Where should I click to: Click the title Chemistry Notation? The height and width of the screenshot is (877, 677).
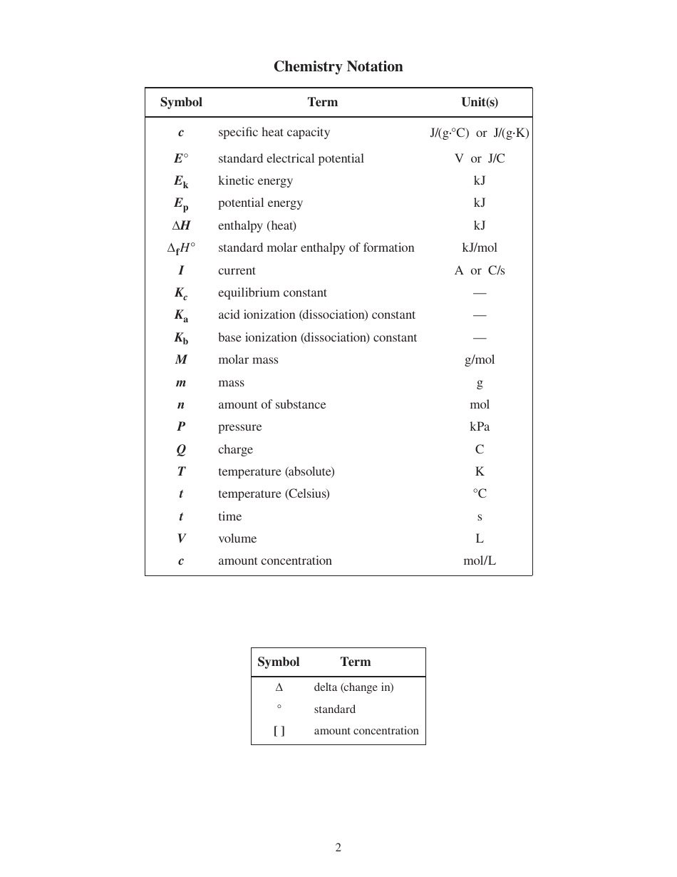(x=338, y=66)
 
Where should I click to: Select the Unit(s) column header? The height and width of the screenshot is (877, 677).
(x=480, y=102)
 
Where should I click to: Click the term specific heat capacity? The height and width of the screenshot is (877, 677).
(x=274, y=132)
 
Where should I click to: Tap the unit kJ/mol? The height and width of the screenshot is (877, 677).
(x=480, y=247)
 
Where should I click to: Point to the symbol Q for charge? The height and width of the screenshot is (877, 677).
(x=181, y=449)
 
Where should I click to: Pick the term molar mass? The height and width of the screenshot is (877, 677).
(x=248, y=359)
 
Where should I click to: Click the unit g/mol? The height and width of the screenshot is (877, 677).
(x=480, y=359)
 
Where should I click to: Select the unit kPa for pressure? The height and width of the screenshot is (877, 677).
(x=480, y=426)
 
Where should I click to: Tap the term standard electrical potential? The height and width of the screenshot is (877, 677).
(x=291, y=158)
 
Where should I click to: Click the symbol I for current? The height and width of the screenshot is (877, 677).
(x=181, y=270)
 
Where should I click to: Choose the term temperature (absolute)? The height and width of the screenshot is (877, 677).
(x=276, y=471)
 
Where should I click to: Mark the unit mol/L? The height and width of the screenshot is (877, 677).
(x=480, y=560)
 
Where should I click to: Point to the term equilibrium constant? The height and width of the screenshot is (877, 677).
(x=272, y=292)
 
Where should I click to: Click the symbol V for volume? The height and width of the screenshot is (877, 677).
(x=181, y=538)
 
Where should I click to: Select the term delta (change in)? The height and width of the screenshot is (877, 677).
(x=353, y=687)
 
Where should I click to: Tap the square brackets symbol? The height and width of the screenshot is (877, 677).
(x=279, y=731)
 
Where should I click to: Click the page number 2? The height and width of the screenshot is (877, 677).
(x=338, y=848)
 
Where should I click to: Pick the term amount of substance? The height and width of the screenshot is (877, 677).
(x=272, y=404)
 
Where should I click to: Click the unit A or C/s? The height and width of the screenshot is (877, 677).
(x=480, y=270)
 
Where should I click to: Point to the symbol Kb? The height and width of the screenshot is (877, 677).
(x=181, y=338)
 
